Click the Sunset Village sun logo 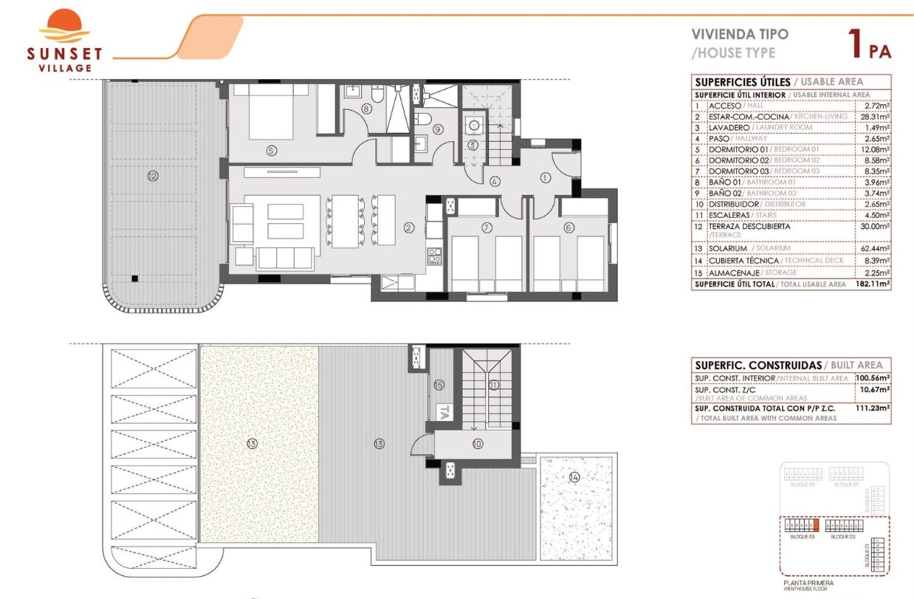click(64, 27)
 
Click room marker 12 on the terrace click(153, 176)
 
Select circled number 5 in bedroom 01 click(272, 151)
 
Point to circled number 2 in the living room click(408, 228)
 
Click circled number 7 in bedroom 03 click(487, 228)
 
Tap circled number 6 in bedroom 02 click(568, 228)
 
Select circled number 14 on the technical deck click(574, 477)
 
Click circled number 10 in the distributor click(477, 444)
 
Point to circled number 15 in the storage click(439, 385)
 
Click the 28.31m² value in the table click(877, 117)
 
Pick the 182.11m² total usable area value click(876, 284)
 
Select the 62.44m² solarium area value click(876, 248)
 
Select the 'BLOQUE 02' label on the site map click(842, 537)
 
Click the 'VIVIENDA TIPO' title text click(739, 34)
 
